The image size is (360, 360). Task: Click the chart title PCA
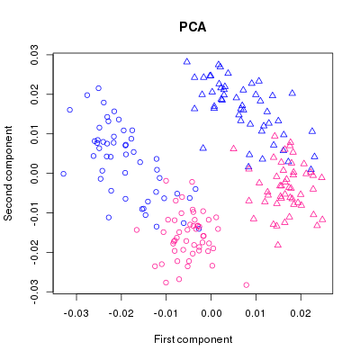[x=193, y=27]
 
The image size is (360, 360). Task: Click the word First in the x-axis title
[x=164, y=339]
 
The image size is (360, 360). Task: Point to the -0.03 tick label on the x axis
[x=76, y=313]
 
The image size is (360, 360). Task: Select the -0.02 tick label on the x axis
[x=121, y=313]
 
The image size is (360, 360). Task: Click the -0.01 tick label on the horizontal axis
[x=166, y=313]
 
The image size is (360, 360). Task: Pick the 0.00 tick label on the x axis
[x=211, y=313]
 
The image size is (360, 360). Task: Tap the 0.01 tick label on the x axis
[x=256, y=313]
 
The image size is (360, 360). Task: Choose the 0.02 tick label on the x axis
[x=301, y=313]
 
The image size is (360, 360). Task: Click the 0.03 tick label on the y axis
[x=34, y=55]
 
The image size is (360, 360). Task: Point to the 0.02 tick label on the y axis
[x=34, y=94]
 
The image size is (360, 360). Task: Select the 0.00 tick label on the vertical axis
[x=34, y=173]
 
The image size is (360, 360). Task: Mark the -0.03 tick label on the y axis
[x=34, y=292]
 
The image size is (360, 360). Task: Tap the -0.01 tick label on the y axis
[x=34, y=212]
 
